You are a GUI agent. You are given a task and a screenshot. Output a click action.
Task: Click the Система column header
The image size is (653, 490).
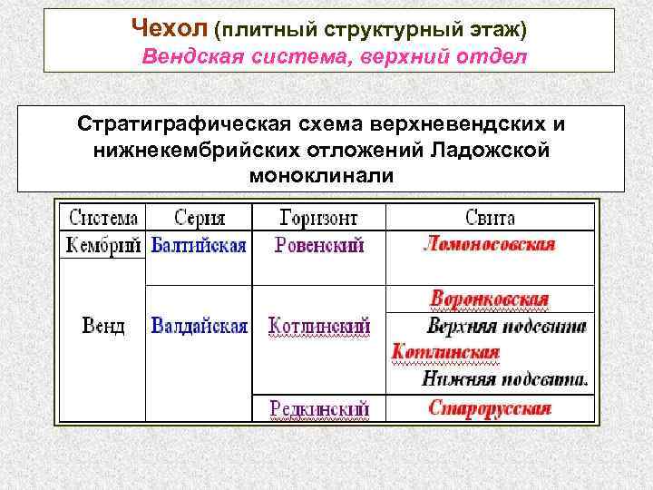click(x=102, y=218)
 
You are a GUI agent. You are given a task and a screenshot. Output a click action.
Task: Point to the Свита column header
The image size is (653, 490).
click(x=489, y=218)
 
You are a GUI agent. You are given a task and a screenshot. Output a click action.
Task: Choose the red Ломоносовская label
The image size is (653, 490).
click(x=489, y=244)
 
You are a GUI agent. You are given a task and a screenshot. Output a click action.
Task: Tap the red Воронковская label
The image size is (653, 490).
click(x=490, y=299)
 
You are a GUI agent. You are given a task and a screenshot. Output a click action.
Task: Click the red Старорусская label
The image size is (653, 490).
click(x=489, y=407)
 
